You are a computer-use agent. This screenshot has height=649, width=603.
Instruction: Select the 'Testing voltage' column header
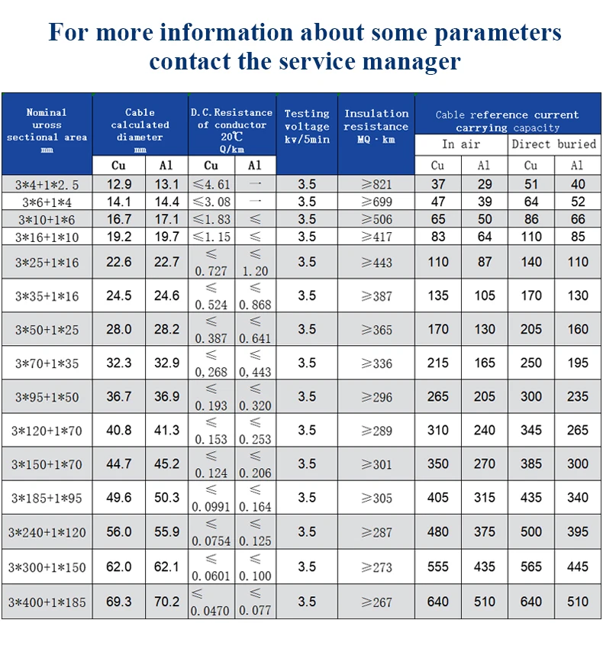click(x=307, y=126)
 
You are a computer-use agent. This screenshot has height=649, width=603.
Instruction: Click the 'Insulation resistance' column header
click(x=376, y=126)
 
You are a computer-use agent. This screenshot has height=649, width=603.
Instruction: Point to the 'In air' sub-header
click(x=461, y=144)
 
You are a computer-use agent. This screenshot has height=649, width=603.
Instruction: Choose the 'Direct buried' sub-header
click(x=554, y=144)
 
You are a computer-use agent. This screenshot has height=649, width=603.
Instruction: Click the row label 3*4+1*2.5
click(x=47, y=184)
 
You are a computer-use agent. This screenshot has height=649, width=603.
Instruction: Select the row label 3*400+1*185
click(x=47, y=602)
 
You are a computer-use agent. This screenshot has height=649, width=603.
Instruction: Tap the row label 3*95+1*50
click(x=47, y=397)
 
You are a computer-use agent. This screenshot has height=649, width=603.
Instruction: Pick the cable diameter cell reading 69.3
click(x=119, y=602)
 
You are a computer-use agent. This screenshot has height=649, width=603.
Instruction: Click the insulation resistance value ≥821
click(x=376, y=184)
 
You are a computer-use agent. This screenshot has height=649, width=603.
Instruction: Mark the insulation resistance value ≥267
click(x=376, y=602)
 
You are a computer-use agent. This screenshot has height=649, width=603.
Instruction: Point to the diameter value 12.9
click(x=119, y=184)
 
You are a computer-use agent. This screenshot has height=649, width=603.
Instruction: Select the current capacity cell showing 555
click(x=438, y=567)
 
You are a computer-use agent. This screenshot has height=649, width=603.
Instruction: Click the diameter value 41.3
click(x=166, y=431)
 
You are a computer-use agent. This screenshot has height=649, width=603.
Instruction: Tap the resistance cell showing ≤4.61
click(x=211, y=184)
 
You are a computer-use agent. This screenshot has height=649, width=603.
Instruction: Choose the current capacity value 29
click(x=485, y=184)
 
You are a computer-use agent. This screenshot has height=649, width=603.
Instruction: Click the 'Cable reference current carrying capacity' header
click(x=508, y=121)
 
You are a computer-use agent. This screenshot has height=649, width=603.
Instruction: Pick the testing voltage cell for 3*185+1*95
click(x=307, y=498)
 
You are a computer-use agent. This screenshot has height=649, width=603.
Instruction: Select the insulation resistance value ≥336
click(x=376, y=363)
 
